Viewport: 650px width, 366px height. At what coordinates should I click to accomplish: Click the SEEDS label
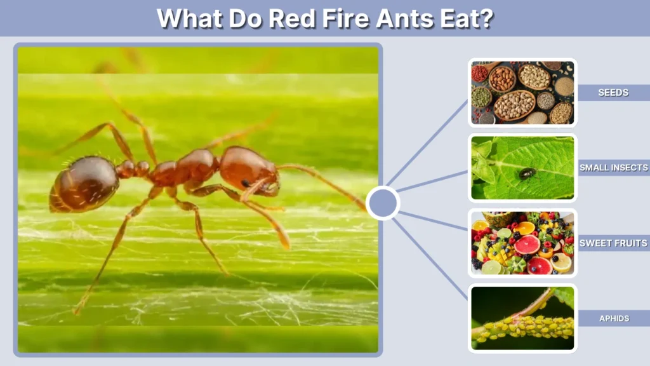click(613, 93)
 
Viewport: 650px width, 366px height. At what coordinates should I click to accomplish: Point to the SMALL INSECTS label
click(613, 168)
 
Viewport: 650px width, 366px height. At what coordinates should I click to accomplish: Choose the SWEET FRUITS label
click(613, 243)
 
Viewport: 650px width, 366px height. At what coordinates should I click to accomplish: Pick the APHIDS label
click(613, 318)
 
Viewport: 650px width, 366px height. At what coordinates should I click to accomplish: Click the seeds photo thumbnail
click(522, 93)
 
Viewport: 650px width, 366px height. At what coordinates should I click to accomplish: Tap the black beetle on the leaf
click(527, 173)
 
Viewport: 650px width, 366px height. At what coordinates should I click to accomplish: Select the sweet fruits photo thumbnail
click(522, 243)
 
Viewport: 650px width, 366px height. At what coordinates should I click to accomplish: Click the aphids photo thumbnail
click(522, 318)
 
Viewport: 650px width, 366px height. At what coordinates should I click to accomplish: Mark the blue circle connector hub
click(383, 203)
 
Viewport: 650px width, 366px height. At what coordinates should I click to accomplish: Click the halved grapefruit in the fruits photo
click(527, 245)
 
